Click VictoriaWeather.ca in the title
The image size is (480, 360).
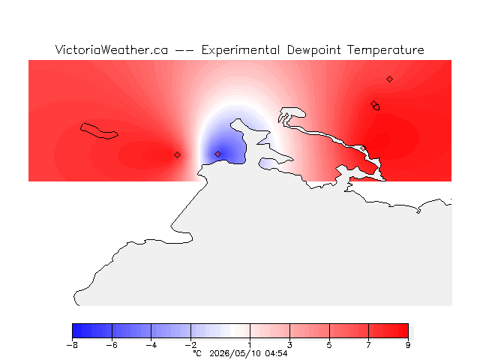click(112, 50)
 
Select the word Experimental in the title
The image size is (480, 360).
click(241, 50)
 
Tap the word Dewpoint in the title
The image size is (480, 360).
click(313, 50)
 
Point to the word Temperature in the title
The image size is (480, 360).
click(385, 50)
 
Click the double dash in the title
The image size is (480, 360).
click(184, 50)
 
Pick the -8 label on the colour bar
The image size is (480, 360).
click(72, 345)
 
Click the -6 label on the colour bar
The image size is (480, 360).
click(112, 345)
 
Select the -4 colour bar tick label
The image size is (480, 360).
click(151, 345)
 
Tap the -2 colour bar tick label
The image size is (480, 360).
click(190, 345)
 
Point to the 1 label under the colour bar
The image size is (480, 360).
click(250, 345)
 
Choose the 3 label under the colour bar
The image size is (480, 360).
click(289, 345)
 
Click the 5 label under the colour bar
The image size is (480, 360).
click(329, 345)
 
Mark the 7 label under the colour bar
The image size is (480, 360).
click(368, 345)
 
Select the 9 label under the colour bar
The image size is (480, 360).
click(408, 345)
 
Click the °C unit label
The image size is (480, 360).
click(197, 353)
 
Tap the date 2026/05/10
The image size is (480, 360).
click(235, 353)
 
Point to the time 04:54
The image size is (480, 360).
click(276, 353)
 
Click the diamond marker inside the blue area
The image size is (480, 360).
click(217, 154)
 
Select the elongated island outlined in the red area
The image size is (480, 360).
click(99, 131)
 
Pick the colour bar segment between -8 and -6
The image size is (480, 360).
click(92, 331)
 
